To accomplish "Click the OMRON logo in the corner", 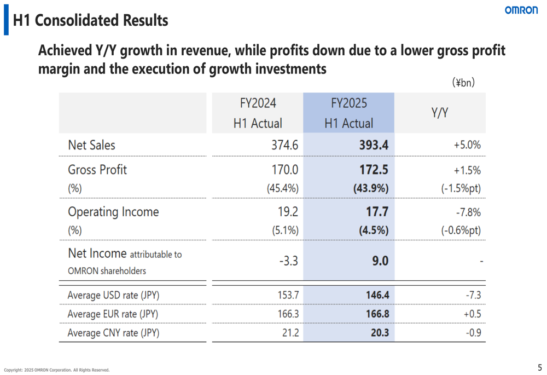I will [521, 10].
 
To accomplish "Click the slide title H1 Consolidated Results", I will [90, 21].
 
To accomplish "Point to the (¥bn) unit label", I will [463, 83].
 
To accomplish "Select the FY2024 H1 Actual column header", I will [258, 113].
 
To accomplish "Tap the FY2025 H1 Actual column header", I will [348, 113].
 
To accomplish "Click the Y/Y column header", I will [440, 113].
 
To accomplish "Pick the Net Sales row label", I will [91, 146].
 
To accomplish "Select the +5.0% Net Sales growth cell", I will [467, 146].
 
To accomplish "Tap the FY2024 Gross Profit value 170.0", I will [284, 170].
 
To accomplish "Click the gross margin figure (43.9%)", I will [370, 188].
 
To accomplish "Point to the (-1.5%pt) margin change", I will [461, 188].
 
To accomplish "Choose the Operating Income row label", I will [113, 212].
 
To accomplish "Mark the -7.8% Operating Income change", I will [468, 212].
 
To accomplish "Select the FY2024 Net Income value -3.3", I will [288, 261].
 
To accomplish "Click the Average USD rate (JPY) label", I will [113, 296].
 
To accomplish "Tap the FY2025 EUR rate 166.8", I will [377, 314].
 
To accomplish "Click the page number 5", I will [539, 368].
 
